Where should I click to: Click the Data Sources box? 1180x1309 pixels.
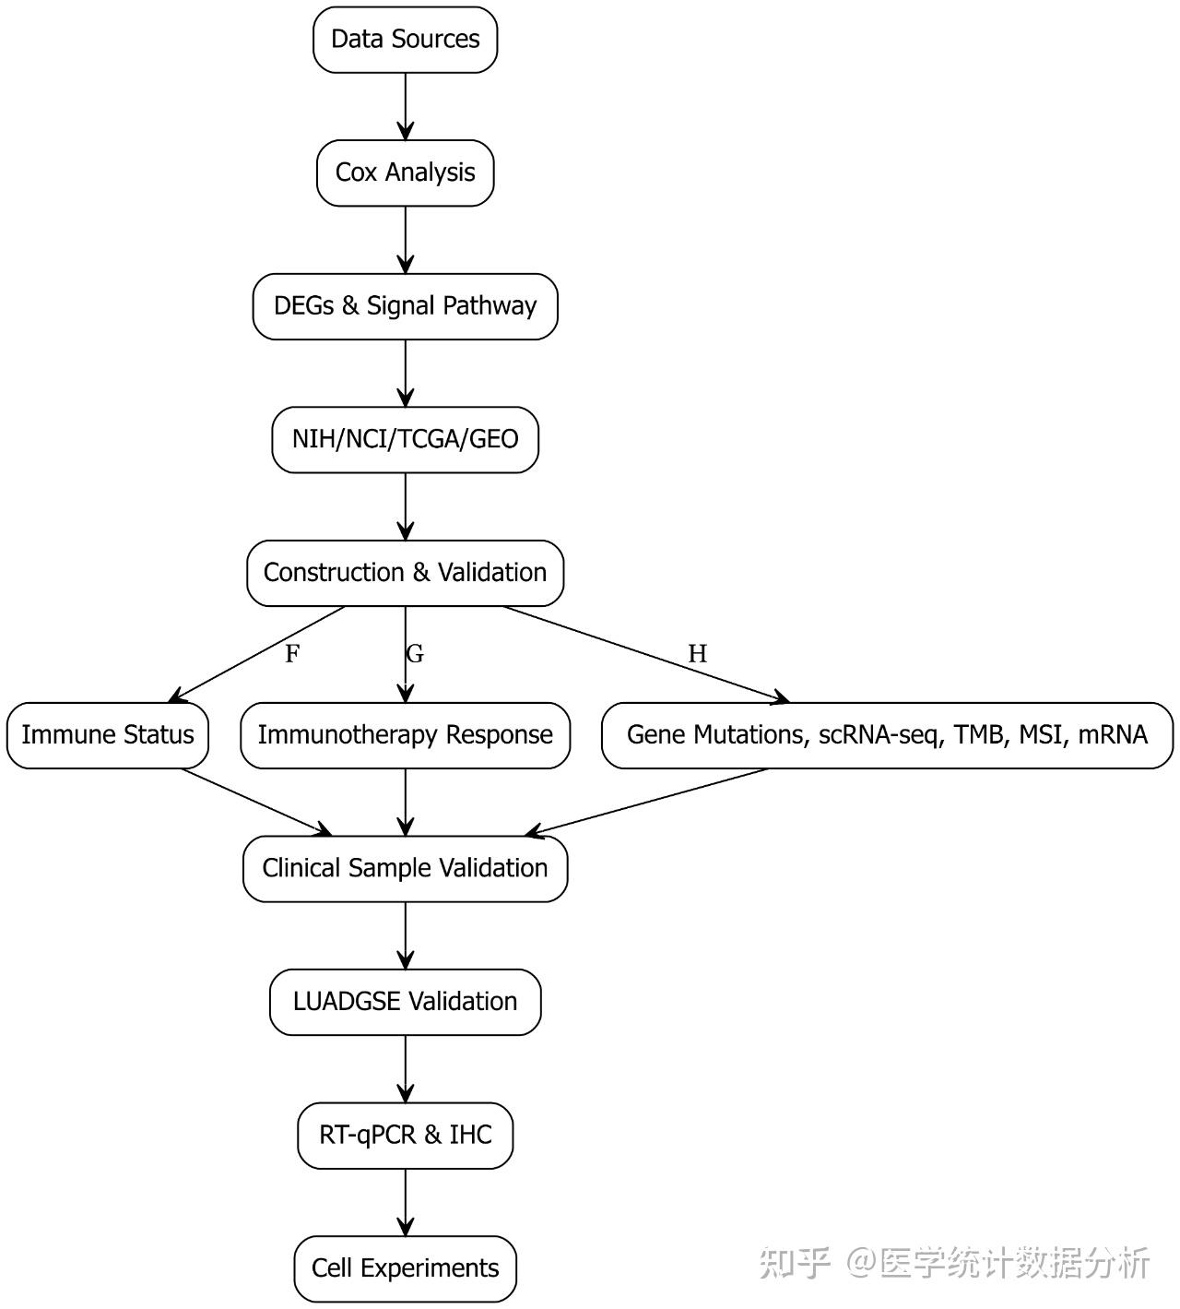[x=405, y=40]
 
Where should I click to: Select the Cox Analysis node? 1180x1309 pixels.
[x=405, y=173]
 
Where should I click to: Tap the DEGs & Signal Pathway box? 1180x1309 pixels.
[x=405, y=306]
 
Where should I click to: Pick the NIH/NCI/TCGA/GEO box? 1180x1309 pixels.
[x=405, y=439]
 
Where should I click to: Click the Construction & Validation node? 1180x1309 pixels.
[x=405, y=573]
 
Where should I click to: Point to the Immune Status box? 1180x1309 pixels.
[x=108, y=735]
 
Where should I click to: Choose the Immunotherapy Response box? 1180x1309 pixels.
[x=405, y=735]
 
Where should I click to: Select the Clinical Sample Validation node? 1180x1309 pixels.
[x=405, y=868]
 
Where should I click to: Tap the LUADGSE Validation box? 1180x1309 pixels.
[x=405, y=1002]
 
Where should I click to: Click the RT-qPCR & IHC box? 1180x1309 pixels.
[x=405, y=1135]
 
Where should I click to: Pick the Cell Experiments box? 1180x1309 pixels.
[x=405, y=1268]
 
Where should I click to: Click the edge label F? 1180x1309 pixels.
[x=292, y=654]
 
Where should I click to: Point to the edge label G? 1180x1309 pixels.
[x=415, y=654]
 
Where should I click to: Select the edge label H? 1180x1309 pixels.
[x=697, y=654]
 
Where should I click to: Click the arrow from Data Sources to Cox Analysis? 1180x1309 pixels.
[x=405, y=106]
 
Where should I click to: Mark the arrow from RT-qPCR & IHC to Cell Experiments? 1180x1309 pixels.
[x=405, y=1202]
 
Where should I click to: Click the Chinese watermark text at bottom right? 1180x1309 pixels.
[x=955, y=1263]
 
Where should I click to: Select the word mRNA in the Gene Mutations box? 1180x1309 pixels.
[x=1112, y=735]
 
